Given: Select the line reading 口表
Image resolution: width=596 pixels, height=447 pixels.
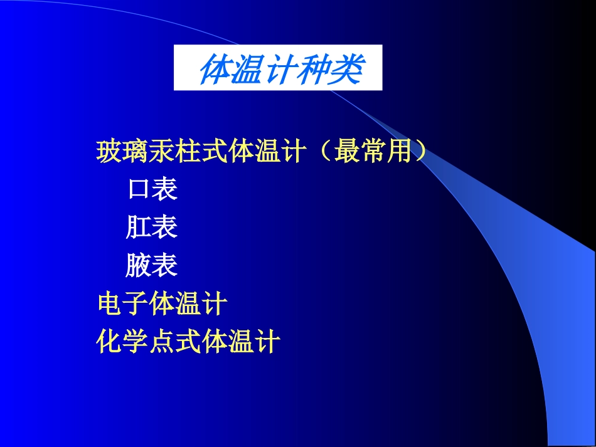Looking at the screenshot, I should point(152,189).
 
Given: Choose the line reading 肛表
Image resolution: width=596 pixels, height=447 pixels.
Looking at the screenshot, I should point(152,228).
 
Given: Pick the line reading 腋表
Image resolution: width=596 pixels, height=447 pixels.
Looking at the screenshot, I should point(152,266).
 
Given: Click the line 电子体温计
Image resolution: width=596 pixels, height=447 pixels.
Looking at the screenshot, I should point(162,305).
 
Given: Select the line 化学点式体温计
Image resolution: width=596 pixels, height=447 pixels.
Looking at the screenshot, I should point(188,342).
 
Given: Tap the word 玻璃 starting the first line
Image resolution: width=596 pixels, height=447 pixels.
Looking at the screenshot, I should point(122,152).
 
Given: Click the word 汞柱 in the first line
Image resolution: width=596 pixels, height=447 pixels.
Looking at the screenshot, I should point(176,152).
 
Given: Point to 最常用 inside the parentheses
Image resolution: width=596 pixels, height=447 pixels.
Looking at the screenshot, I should point(374,152).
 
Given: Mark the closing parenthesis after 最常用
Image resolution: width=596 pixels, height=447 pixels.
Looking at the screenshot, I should point(422,152).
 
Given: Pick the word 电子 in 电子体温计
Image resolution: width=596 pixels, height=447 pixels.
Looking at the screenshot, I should point(123,305).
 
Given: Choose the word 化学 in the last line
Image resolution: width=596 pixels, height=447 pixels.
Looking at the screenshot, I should point(123,342).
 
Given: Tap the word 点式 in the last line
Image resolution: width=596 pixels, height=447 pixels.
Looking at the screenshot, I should point(176,342).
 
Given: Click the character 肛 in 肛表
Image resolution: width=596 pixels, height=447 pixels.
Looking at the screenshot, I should point(138,228).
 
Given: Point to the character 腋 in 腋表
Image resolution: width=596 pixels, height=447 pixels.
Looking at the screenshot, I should point(138,266).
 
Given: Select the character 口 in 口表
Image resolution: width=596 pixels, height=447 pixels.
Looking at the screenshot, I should point(138,189).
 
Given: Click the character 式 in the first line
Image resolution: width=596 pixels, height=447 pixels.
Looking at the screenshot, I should point(216,152).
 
